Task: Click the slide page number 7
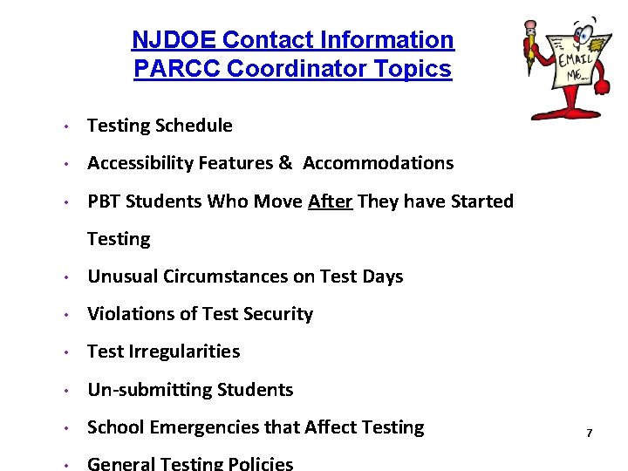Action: tap(590, 433)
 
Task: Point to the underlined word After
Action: tap(330, 201)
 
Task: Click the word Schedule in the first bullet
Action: tap(195, 126)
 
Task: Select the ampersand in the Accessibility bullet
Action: tap(285, 163)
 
